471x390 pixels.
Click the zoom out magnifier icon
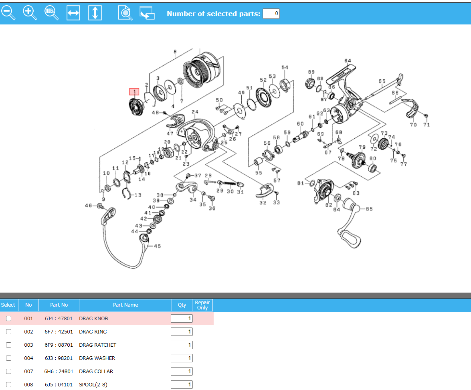pos(8,12)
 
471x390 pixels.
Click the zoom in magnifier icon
pos(30,12)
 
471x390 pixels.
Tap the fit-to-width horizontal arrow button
pos(73,13)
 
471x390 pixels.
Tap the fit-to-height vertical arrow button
pos(95,13)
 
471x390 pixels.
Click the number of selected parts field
pos(271,14)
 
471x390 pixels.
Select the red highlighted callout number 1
pos(134,92)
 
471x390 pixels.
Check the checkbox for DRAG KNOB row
pos(8,319)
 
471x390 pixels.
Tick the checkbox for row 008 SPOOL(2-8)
pos(8,385)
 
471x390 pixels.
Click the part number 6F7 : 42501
pos(59,332)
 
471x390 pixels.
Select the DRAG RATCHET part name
pos(98,345)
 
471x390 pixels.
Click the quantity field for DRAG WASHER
pos(182,358)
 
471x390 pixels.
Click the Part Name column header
pos(125,305)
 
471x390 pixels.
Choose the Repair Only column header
pos(202,305)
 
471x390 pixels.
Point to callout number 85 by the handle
pos(369,209)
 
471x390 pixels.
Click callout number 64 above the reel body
pos(348,61)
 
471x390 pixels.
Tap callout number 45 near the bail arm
pos(157,246)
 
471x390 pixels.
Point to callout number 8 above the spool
pos(175,52)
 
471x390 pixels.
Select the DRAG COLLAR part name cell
pos(96,372)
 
